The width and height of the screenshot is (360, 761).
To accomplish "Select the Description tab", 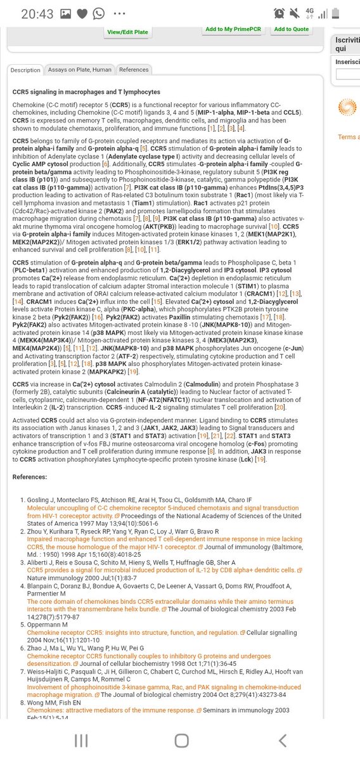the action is pos(25,70).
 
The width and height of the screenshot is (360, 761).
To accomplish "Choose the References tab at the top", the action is pos(134,70).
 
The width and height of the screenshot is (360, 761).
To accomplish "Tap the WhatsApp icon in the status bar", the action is pos(98,13).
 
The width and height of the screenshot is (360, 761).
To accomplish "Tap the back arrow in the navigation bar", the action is pos(282,740).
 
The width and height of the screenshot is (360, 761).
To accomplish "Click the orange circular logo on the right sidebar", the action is pos(348,107).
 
